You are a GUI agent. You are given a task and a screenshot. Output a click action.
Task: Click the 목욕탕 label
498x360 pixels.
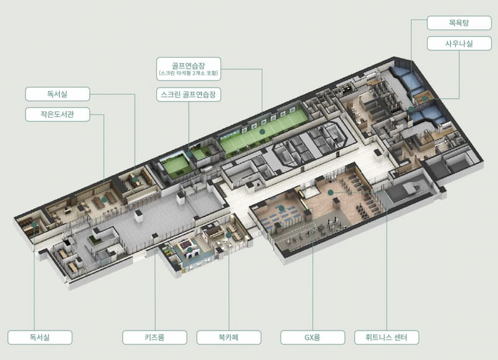click(458, 24)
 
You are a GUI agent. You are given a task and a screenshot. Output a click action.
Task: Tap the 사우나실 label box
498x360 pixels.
click(458, 44)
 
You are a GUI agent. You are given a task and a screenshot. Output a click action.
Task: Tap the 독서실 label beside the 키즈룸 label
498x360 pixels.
click(39, 338)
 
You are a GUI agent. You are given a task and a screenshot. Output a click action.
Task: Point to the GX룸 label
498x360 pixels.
click(312, 338)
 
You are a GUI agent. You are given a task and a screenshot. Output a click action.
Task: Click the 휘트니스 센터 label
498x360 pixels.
click(387, 338)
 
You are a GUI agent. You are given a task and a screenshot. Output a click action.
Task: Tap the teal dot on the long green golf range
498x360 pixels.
click(262, 131)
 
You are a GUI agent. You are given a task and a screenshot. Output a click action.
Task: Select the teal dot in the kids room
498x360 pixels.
click(190, 250)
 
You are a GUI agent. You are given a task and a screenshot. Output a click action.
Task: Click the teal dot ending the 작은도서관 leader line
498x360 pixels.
click(104, 200)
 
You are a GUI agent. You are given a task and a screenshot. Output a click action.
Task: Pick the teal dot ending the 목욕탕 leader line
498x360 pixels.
click(411, 109)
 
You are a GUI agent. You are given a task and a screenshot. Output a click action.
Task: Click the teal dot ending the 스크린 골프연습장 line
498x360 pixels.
click(189, 153)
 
